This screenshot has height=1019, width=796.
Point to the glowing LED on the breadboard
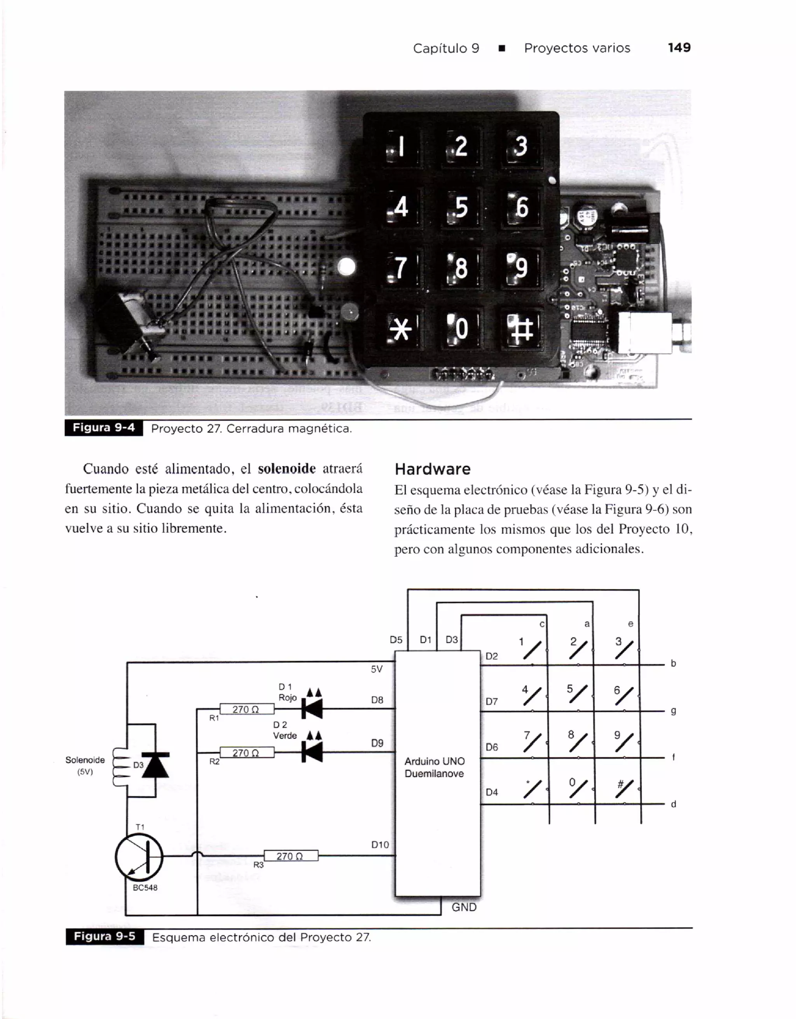coord(346,267)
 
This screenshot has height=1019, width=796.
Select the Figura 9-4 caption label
coord(103,428)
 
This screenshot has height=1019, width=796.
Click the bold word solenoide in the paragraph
coord(287,468)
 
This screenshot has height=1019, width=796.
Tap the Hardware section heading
coord(432,469)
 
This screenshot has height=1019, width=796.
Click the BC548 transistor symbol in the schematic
coord(139,856)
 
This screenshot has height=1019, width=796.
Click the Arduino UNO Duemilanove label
coord(434,767)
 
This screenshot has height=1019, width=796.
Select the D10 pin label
coord(380,844)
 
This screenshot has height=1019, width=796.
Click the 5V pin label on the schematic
coord(376,669)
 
